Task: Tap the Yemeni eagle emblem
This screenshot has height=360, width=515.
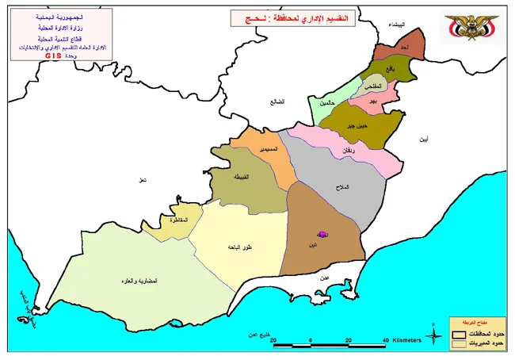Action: click(469, 25)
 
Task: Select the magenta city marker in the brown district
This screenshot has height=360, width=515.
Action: click(322, 235)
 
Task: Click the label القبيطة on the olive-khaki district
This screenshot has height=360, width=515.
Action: click(241, 177)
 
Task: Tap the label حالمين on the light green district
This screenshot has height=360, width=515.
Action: click(328, 104)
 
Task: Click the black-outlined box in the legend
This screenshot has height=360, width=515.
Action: click(459, 333)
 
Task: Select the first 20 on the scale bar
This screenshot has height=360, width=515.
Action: click(273, 341)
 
